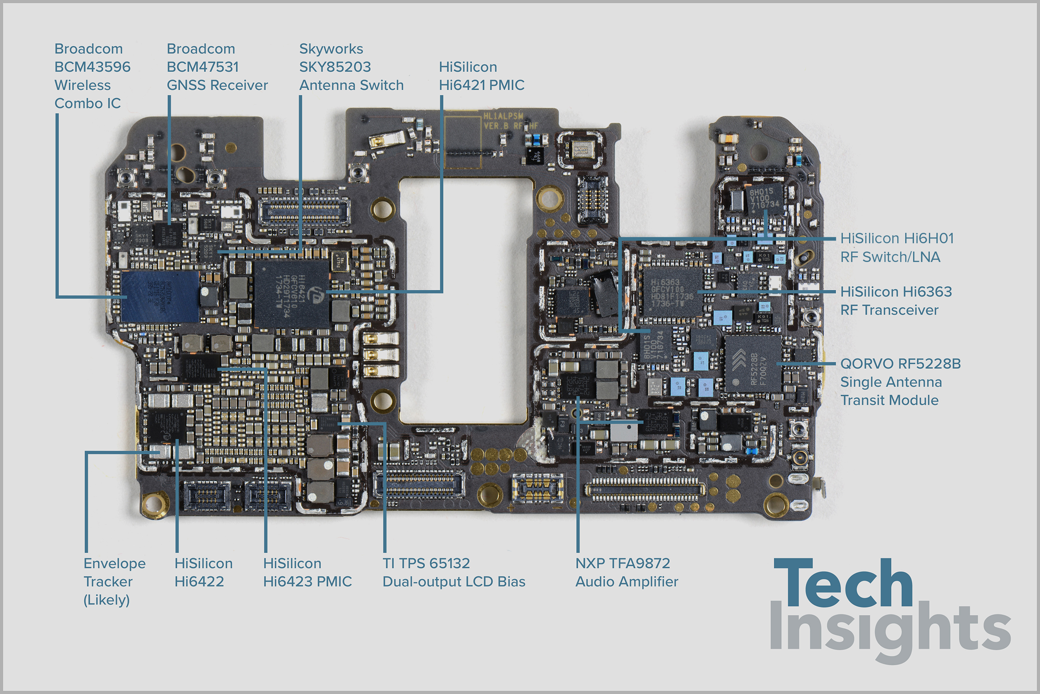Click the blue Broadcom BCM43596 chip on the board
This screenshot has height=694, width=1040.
click(x=160, y=296)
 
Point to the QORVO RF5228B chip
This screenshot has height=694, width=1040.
click(x=753, y=364)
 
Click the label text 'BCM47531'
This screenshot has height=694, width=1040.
click(x=203, y=67)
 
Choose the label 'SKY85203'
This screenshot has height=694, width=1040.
click(x=335, y=67)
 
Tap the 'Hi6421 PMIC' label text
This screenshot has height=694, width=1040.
click(x=481, y=85)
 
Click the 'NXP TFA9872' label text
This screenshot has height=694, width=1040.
click(x=622, y=563)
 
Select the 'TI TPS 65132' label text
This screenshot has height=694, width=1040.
click(x=426, y=563)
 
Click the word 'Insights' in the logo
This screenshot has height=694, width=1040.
click(x=890, y=631)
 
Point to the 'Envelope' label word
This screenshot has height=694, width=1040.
click(x=114, y=563)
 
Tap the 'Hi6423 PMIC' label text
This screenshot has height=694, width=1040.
click(x=307, y=581)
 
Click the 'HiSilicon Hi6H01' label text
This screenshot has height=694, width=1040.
click(x=896, y=238)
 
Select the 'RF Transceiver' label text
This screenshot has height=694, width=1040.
click(x=889, y=310)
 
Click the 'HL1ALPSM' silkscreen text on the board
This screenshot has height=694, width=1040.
click(x=503, y=116)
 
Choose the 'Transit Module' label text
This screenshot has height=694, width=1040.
click(x=889, y=400)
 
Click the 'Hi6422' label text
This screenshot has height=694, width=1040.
click(x=199, y=581)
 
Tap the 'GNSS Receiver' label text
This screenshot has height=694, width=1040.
click(x=217, y=85)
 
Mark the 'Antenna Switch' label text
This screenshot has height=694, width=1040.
click(x=351, y=85)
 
